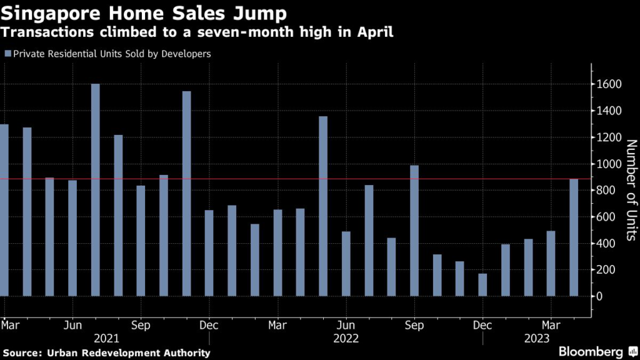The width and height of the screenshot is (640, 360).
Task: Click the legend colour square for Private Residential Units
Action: click(x=7, y=54)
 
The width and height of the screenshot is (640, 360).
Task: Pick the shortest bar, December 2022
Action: click(x=482, y=284)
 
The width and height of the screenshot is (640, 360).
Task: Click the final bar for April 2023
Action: click(x=574, y=237)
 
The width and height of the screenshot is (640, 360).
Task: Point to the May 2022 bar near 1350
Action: click(x=323, y=206)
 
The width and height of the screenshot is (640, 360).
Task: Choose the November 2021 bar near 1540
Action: click(x=186, y=193)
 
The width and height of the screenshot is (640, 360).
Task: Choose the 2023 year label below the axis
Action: click(x=536, y=339)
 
